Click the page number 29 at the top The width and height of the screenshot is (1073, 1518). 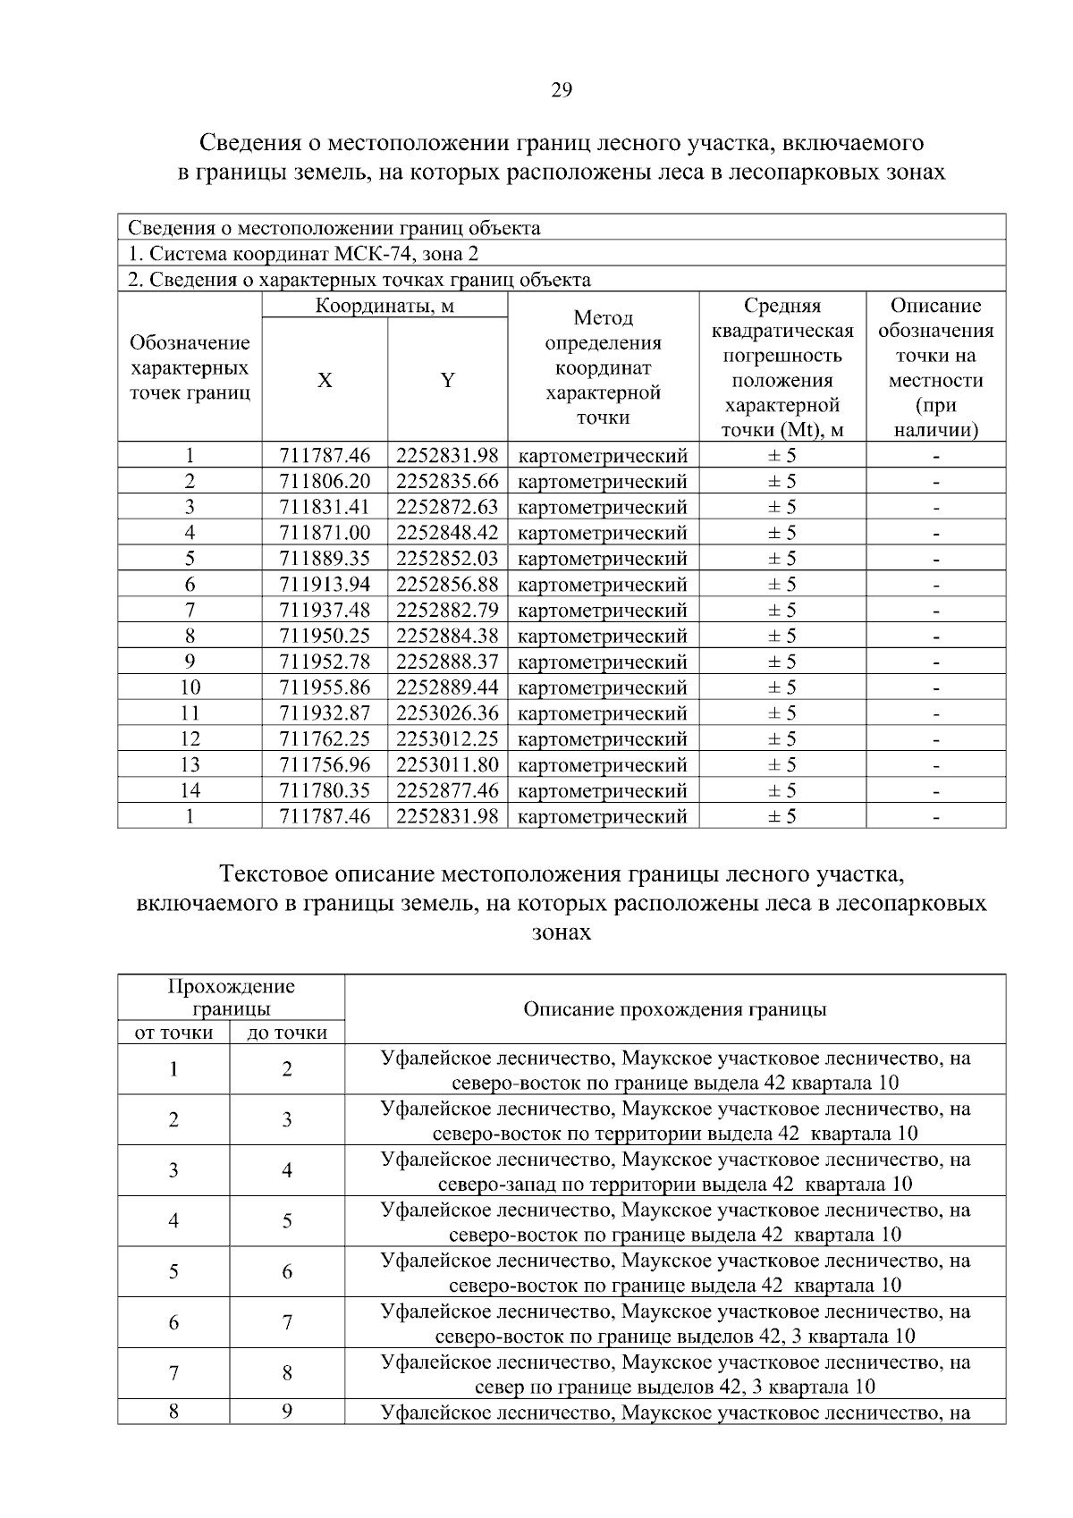pos(562,89)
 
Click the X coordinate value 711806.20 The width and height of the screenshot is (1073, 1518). pos(325,481)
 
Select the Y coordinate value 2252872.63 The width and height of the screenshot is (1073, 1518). pos(447,507)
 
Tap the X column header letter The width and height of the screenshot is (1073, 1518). pos(325,381)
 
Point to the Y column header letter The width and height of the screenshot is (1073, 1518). pos(447,381)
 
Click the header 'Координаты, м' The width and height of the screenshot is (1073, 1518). pos(384,307)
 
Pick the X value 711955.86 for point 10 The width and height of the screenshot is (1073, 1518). pos(325,687)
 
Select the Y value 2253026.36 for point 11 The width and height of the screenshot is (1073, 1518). pos(447,713)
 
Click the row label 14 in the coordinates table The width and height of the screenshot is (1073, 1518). pos(190,790)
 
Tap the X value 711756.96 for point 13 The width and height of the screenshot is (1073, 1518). pos(325,764)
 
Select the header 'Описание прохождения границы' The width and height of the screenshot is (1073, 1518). pos(674,1009)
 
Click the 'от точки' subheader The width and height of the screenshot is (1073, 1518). pos(173,1033)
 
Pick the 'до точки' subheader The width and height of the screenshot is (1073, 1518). pos(287,1033)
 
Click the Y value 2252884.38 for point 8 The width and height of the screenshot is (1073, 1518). pos(447,636)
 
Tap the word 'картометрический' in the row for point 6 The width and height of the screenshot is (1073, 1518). pos(603,585)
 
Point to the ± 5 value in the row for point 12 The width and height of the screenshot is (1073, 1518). pos(782,739)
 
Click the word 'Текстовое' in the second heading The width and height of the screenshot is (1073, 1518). pos(274,873)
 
